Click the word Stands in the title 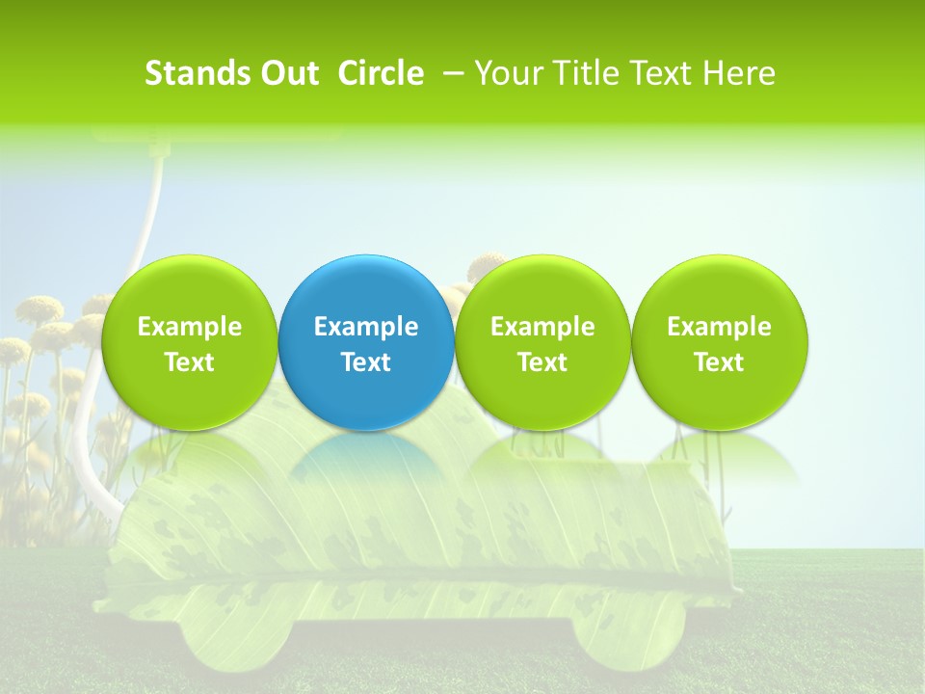coord(197,73)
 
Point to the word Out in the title coord(288,73)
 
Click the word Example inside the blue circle coord(366,327)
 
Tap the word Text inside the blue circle coord(366,362)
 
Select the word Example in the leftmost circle coord(189,327)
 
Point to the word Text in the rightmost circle coord(719,362)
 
